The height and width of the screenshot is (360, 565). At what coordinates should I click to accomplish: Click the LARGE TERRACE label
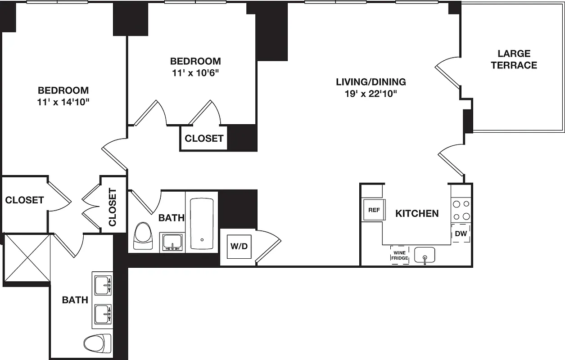tap(514, 59)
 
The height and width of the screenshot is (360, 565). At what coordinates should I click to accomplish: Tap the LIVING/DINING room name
tap(371, 82)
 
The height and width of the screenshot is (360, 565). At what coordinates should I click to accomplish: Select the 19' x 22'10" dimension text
tap(371, 94)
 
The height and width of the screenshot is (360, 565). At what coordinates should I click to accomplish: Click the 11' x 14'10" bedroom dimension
tap(63, 102)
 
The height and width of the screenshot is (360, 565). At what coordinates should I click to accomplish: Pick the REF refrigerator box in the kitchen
tap(374, 210)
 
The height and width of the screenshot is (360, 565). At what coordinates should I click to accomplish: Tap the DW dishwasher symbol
tap(461, 234)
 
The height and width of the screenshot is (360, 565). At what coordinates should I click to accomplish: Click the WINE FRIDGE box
tap(399, 255)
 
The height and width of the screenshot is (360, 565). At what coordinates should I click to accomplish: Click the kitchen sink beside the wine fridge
tap(425, 256)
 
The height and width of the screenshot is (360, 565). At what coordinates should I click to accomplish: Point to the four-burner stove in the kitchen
tap(461, 210)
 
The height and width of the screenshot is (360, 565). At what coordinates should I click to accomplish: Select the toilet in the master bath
tap(97, 343)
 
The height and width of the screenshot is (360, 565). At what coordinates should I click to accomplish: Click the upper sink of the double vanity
tap(103, 284)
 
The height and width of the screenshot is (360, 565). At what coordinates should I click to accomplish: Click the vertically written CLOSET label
tap(113, 207)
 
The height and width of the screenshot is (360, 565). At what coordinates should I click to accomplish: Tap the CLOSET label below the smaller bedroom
tap(204, 139)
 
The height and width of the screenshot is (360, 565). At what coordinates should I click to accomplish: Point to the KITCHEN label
tap(417, 213)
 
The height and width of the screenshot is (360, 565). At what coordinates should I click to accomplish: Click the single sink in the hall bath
tap(172, 243)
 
